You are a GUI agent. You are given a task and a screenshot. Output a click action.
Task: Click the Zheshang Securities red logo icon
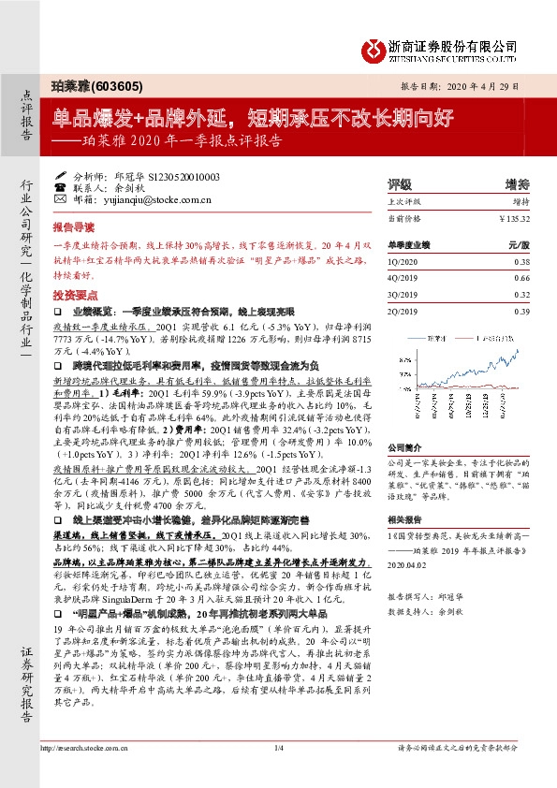(373, 47)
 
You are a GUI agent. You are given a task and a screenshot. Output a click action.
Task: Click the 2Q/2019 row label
(402, 311)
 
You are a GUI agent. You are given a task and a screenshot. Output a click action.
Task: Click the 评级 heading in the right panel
(400, 184)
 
